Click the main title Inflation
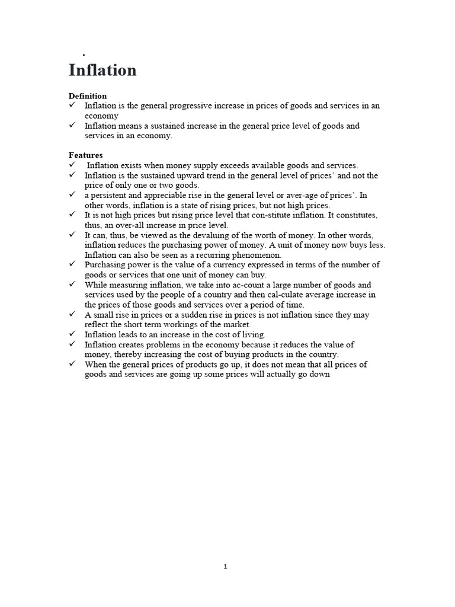(x=102, y=70)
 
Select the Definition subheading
(x=88, y=95)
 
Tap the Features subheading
(x=86, y=155)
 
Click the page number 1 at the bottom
(x=226, y=567)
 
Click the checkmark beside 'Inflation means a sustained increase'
(x=72, y=126)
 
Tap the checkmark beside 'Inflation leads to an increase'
(x=72, y=334)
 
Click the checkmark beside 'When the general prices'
(x=72, y=365)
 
